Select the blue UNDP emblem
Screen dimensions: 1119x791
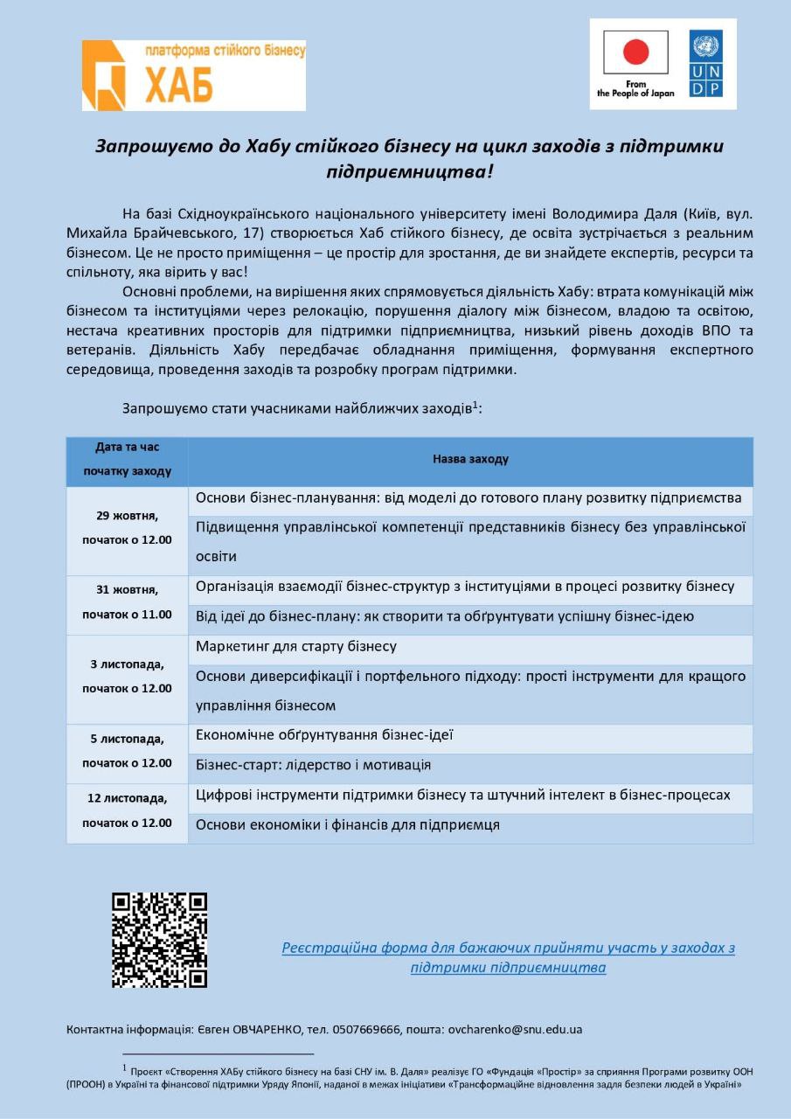click(x=705, y=64)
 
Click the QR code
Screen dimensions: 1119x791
click(x=160, y=940)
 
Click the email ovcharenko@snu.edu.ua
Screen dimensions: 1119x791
click(x=515, y=1029)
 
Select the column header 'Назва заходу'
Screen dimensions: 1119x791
click(x=470, y=459)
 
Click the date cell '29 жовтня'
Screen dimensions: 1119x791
click(x=128, y=515)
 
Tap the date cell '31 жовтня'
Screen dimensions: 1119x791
click(x=128, y=590)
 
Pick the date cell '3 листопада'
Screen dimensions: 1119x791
click(x=128, y=664)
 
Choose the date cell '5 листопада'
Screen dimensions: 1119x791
click(x=128, y=739)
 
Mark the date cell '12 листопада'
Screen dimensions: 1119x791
click(x=128, y=798)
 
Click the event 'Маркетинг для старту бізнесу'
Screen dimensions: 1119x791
click(x=296, y=647)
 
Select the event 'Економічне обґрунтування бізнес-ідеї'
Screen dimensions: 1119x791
click(x=324, y=735)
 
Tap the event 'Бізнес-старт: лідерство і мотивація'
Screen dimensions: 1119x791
click(x=313, y=765)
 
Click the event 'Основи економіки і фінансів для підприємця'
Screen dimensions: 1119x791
click(x=348, y=824)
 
